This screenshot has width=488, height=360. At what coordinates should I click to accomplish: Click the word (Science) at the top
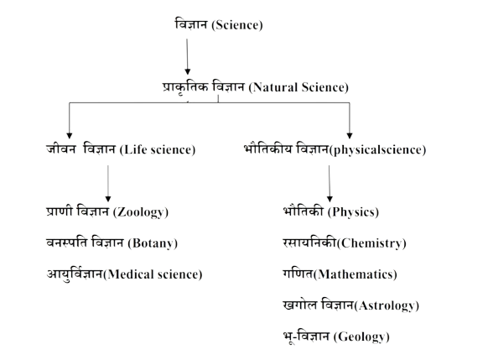pyautogui.click(x=237, y=25)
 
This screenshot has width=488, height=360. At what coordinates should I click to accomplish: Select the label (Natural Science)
pyautogui.click(x=299, y=87)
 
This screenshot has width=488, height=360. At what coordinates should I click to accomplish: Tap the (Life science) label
pyautogui.click(x=158, y=149)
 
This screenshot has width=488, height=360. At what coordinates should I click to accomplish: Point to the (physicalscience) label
pyautogui.click(x=377, y=150)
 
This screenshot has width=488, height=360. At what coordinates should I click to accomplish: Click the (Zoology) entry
pyautogui.click(x=141, y=212)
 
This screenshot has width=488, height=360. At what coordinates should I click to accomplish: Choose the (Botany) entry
pyautogui.click(x=153, y=243)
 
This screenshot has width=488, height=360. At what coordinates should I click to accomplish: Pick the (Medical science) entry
pyautogui.click(x=153, y=274)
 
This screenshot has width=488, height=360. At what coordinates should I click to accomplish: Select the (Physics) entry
pyautogui.click(x=353, y=212)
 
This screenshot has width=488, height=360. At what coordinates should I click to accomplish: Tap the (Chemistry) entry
pyautogui.click(x=371, y=243)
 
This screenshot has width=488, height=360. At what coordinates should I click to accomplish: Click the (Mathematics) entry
pyautogui.click(x=356, y=274)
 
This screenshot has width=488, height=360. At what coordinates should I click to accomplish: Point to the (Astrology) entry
pyautogui.click(x=387, y=305)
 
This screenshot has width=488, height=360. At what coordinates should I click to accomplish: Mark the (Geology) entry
pyautogui.click(x=361, y=337)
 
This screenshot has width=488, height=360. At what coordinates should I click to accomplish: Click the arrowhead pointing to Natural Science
pyautogui.click(x=187, y=72)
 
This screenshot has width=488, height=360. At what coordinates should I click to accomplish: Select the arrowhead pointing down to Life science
pyautogui.click(x=70, y=136)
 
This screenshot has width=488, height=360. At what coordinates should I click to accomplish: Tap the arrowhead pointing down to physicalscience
pyautogui.click(x=350, y=136)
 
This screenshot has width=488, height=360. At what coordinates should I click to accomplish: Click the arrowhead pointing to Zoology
pyautogui.click(x=108, y=199)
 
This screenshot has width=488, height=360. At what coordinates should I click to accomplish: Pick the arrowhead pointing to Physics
pyautogui.click(x=330, y=199)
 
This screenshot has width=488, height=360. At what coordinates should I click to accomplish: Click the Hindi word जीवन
pyautogui.click(x=61, y=149)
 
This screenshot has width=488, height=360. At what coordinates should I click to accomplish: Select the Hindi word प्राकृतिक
pyautogui.click(x=185, y=87)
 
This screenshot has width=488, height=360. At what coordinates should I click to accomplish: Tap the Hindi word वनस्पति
pyautogui.click(x=67, y=243)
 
